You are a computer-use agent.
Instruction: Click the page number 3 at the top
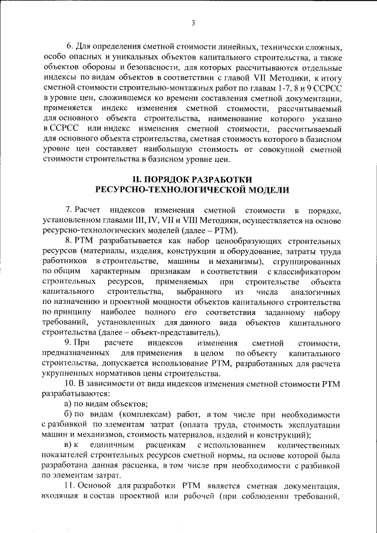click(x=193, y=23)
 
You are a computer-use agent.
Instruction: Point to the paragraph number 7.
click(x=69, y=210)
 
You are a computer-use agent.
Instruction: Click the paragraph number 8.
click(x=69, y=241)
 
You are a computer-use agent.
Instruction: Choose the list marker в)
click(x=69, y=446)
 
